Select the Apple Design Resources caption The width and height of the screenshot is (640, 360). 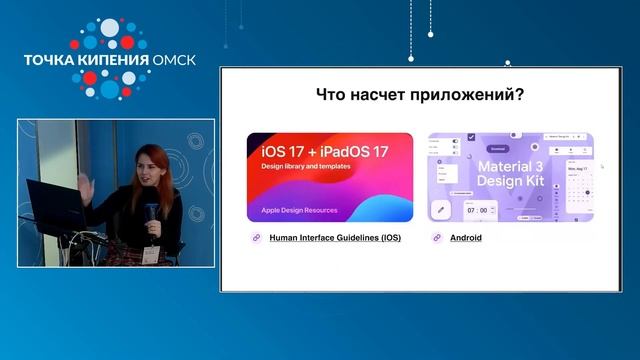pyautogui.click(x=299, y=211)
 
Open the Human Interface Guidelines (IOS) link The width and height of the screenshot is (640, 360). pyautogui.click(x=336, y=239)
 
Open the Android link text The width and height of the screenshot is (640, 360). pyautogui.click(x=466, y=239)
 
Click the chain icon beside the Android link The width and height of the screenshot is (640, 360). pyautogui.click(x=438, y=239)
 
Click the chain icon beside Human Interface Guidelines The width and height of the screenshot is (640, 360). pyautogui.click(x=256, y=239)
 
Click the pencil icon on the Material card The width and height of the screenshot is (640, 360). pyautogui.click(x=438, y=211)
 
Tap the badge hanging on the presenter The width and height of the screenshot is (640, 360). pyautogui.click(x=149, y=254)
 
